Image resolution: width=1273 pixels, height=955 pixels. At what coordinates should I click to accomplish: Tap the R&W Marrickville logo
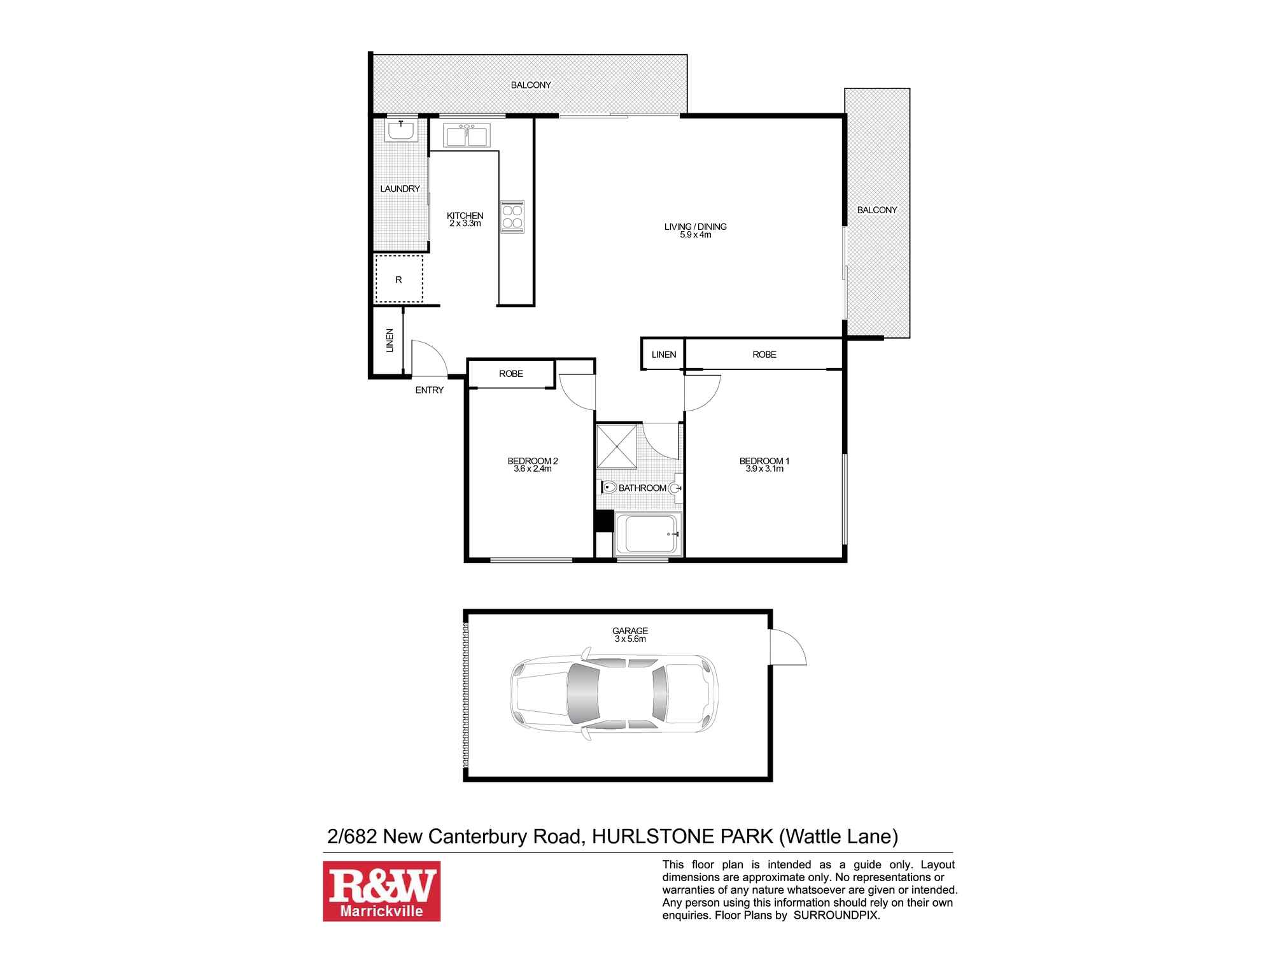pos(381,891)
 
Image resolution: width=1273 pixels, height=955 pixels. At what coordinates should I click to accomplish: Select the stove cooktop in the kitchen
pos(512,216)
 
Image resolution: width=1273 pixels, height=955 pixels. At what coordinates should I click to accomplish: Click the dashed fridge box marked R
pos(399,279)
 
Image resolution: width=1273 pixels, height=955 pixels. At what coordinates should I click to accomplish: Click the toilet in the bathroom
pos(608,488)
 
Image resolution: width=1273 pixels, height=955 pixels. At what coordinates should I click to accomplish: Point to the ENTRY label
pos(429,390)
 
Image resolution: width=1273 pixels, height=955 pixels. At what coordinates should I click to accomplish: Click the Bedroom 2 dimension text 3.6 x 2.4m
pos(532,469)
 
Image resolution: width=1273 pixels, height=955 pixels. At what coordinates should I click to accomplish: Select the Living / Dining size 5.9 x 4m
pos(695,235)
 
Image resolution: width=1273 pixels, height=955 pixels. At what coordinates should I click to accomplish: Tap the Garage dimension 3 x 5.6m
pos(629,639)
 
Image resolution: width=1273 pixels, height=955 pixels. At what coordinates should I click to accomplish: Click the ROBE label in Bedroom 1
pos(764,355)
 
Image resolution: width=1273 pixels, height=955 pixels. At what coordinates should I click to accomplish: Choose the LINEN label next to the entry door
pos(390,341)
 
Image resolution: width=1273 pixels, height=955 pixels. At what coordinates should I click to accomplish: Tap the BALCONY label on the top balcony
pos(530,85)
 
